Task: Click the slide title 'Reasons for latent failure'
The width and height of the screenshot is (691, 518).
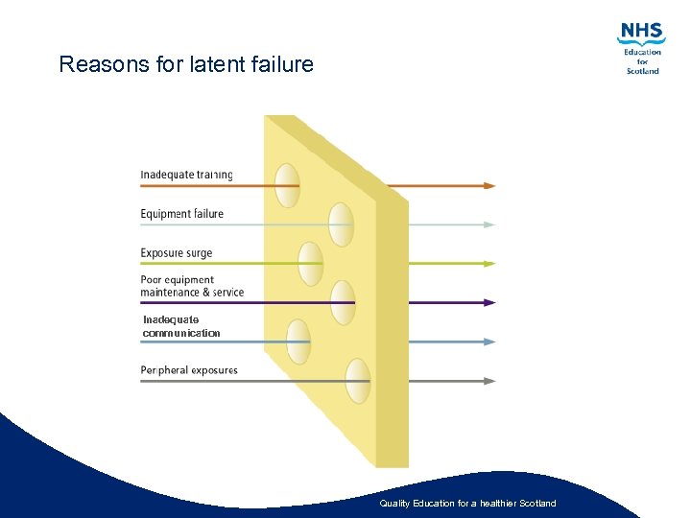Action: point(186,65)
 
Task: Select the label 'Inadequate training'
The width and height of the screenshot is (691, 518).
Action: point(186,175)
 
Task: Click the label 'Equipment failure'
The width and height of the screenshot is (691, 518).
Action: point(181,214)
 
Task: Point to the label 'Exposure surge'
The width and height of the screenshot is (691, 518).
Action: point(177,253)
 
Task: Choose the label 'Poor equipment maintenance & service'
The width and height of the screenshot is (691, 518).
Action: point(192,286)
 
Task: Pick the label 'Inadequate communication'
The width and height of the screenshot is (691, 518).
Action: point(180,326)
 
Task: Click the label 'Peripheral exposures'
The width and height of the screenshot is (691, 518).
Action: point(189,370)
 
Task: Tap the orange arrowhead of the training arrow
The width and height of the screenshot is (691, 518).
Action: point(489,185)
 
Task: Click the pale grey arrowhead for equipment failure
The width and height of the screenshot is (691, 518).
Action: point(489,224)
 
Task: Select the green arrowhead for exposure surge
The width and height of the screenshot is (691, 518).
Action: point(489,263)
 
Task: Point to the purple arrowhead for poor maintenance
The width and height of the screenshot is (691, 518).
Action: point(489,302)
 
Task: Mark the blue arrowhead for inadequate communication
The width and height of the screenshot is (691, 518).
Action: point(489,341)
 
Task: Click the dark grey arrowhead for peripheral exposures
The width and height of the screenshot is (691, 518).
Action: point(489,381)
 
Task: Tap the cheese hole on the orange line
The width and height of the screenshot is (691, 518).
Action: point(287,185)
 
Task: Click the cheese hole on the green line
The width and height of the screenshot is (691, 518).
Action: point(310,264)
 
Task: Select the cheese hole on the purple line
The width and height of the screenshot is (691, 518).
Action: point(343,303)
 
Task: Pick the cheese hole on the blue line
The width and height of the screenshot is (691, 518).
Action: point(298,341)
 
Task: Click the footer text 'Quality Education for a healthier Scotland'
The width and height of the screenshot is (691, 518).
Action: point(467,504)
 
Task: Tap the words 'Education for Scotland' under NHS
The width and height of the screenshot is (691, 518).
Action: point(642,61)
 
